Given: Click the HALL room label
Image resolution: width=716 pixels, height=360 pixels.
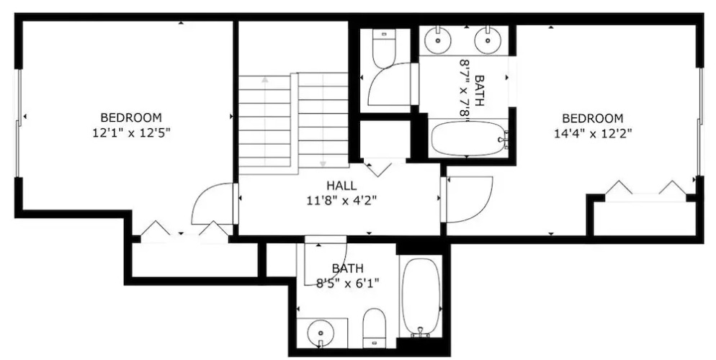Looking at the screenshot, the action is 341,186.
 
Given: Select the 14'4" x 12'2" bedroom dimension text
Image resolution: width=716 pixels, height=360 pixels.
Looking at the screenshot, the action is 592,133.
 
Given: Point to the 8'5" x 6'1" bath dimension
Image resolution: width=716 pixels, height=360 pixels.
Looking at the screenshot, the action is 348,284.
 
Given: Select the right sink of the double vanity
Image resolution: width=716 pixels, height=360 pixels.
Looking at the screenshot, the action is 488,40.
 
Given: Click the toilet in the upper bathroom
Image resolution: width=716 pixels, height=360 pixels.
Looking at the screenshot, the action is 384,48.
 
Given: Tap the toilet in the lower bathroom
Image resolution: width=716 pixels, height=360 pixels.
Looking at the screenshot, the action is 375,328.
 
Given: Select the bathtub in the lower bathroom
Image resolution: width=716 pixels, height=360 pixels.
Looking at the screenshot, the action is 421,297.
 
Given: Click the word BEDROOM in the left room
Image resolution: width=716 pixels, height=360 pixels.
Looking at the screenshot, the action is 131,117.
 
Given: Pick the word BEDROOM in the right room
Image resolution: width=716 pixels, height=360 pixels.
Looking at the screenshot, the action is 592,119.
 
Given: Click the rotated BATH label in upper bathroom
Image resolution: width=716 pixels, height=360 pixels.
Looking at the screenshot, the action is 478,90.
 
